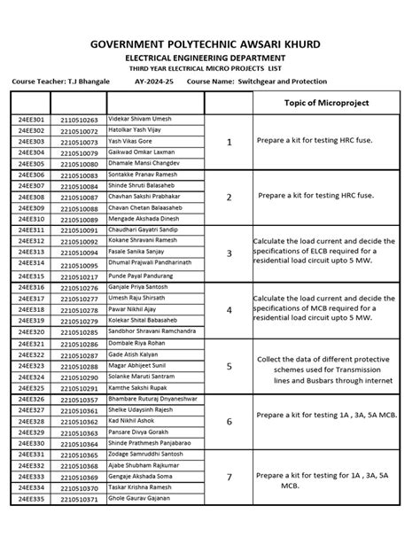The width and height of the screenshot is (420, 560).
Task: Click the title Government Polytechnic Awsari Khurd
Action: click(210, 44)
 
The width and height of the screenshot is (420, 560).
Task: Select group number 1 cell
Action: click(229, 142)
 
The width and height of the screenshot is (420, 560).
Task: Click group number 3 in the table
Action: click(229, 253)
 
